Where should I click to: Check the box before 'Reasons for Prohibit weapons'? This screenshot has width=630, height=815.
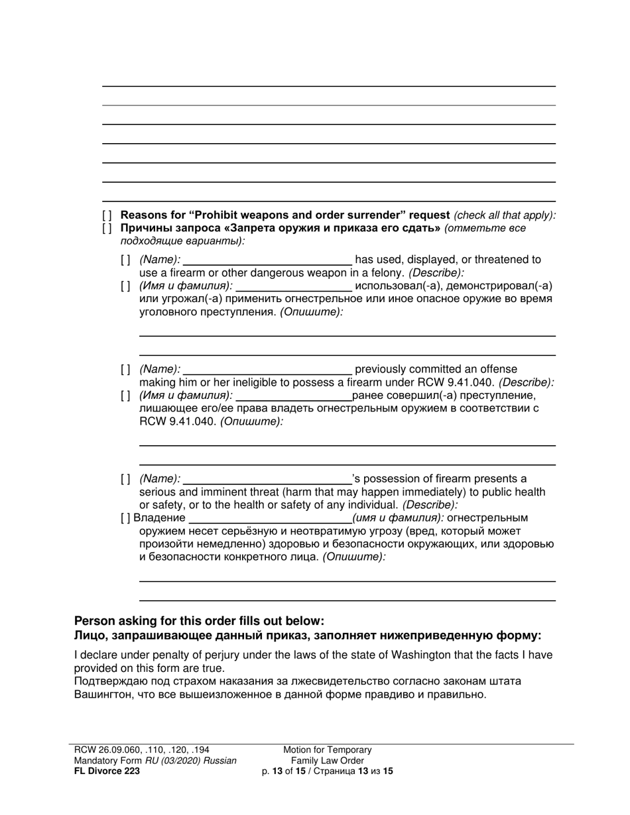pos(107,215)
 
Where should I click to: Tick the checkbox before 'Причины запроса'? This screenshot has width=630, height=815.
pos(107,229)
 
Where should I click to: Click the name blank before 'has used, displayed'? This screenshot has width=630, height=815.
pos(267,260)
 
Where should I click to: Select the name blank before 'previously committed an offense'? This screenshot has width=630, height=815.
pos(267,369)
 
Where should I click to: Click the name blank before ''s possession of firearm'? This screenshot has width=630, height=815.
pos(267,479)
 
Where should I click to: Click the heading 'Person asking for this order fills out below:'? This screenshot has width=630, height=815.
pos(199,621)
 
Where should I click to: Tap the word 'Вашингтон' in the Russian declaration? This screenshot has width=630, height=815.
pos(103,694)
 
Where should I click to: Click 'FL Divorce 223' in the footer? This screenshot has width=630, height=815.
pos(107,771)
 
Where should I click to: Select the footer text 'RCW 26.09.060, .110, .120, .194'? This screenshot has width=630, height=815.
pos(142,749)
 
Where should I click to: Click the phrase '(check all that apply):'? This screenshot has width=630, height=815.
pos(505,215)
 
